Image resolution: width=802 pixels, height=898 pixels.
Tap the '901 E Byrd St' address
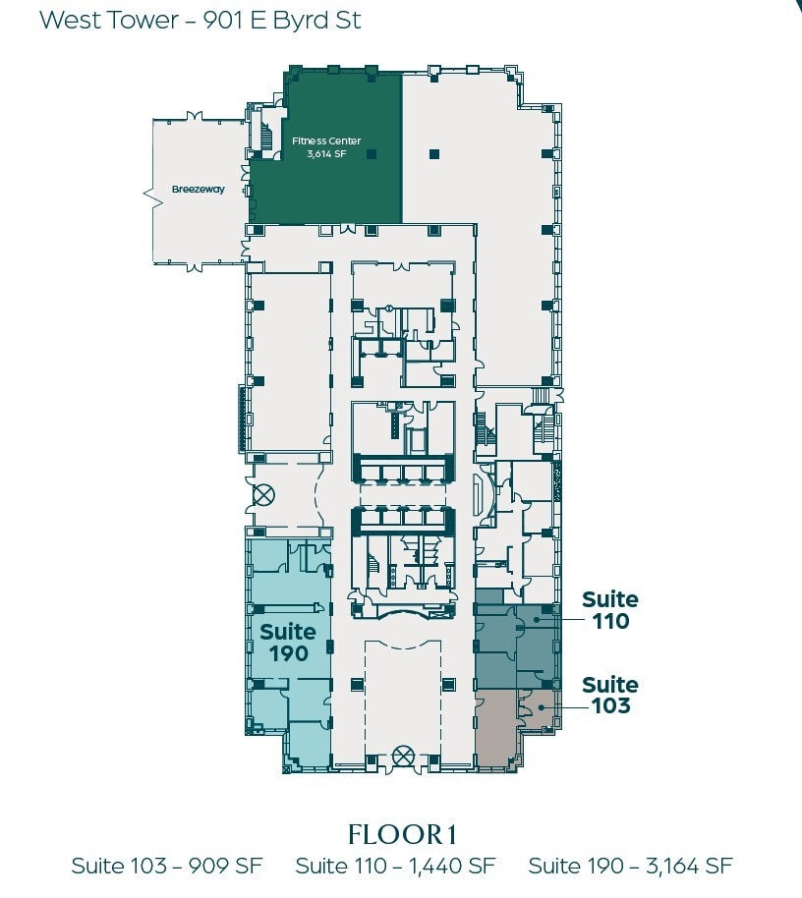click(282, 21)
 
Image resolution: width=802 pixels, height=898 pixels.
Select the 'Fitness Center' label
click(326, 141)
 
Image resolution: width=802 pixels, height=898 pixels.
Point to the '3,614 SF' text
click(326, 154)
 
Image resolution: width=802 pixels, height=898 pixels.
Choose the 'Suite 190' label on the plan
click(288, 643)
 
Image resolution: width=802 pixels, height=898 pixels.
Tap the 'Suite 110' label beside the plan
click(609, 610)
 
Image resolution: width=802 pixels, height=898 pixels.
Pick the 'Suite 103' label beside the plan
click(609, 695)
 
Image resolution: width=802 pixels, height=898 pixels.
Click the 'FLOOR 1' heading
click(402, 834)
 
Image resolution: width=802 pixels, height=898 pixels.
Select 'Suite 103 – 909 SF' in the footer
click(166, 866)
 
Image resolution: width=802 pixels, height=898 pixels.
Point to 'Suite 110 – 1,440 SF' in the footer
click(395, 866)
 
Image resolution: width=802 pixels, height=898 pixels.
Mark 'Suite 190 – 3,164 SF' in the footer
click(630, 866)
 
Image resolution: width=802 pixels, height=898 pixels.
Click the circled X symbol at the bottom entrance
click(401, 756)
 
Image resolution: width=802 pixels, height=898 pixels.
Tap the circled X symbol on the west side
click(263, 494)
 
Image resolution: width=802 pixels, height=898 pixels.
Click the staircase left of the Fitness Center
click(266, 138)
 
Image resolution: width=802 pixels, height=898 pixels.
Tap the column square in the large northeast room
click(433, 152)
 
